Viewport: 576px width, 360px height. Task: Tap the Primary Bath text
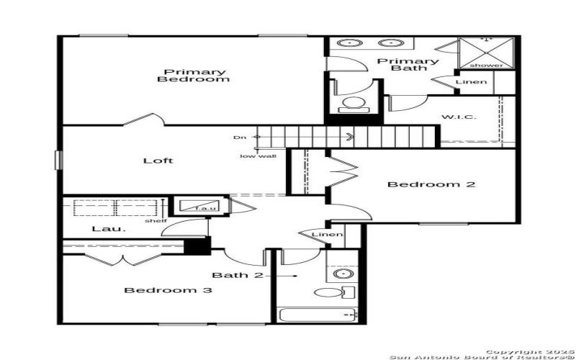point(408,65)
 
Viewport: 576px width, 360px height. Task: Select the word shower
point(487,66)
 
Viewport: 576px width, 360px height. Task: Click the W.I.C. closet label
point(458,117)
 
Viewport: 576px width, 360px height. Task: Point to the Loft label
point(158,161)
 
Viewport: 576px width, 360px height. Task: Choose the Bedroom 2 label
point(431,184)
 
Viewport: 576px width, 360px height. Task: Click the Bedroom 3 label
point(168,290)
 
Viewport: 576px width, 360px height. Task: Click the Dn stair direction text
point(239,137)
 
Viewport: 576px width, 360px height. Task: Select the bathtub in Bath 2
point(317,315)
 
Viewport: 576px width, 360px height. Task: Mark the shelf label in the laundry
point(155,220)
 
